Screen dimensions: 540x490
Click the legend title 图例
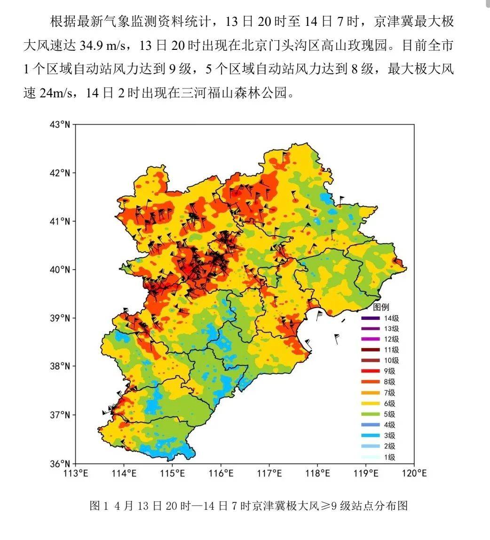[x=381, y=308]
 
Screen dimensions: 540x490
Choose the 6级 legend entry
[x=389, y=404]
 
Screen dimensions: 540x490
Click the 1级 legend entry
[x=389, y=457]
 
